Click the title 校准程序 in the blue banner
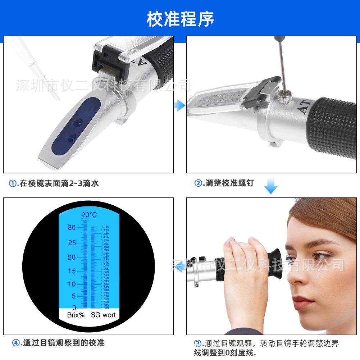point(180,19)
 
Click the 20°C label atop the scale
point(89,215)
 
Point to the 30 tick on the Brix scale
point(72,227)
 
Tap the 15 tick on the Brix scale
point(72,271)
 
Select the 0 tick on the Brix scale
point(74,308)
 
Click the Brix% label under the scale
point(76,315)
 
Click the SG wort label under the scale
point(103,315)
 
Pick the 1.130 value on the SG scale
point(105,227)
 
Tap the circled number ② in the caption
point(198,183)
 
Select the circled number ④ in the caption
point(16,343)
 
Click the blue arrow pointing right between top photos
point(179,105)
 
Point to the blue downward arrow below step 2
point(270,186)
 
